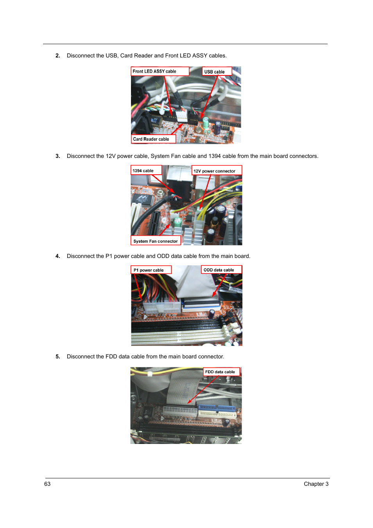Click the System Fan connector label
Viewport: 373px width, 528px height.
click(155, 241)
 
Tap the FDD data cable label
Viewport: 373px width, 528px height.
click(221, 372)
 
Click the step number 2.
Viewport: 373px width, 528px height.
click(58, 56)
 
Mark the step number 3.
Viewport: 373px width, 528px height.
click(58, 156)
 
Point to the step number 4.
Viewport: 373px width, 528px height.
click(58, 256)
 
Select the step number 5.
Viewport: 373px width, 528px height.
click(58, 357)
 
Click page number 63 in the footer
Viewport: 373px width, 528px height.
click(47, 484)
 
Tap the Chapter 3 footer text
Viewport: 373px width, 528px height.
click(316, 484)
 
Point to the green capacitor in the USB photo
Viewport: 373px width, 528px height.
click(205, 123)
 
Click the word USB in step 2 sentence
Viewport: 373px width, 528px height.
click(111, 56)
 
